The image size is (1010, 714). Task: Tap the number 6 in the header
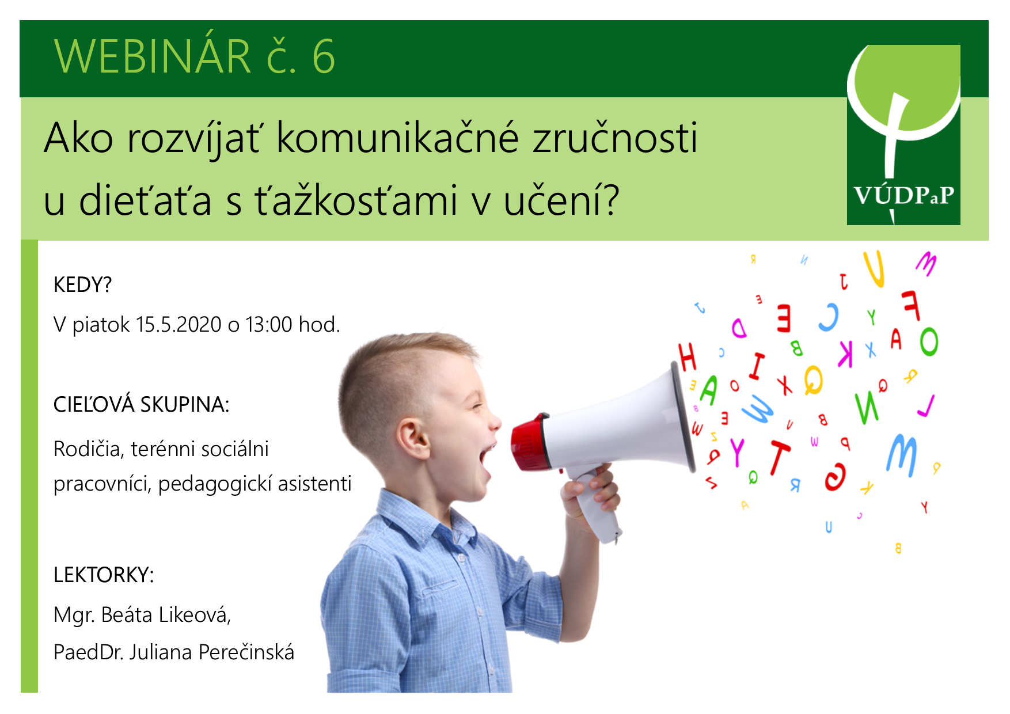click(324, 57)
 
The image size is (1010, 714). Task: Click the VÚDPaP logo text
click(903, 196)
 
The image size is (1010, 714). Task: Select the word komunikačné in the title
click(398, 138)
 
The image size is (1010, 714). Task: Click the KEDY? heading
click(82, 285)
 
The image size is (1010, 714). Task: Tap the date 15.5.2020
click(179, 325)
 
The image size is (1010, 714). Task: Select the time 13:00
click(269, 325)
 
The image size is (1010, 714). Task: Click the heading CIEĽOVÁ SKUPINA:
click(141, 405)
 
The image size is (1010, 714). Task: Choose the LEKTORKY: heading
click(104, 575)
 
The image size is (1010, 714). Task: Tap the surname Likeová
click(195, 615)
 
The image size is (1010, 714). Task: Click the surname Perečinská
click(246, 652)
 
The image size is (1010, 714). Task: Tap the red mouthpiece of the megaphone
click(529, 442)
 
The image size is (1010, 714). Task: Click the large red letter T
click(779, 457)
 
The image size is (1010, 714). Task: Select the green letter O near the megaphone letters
click(928, 341)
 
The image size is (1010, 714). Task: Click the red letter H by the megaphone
click(688, 356)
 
